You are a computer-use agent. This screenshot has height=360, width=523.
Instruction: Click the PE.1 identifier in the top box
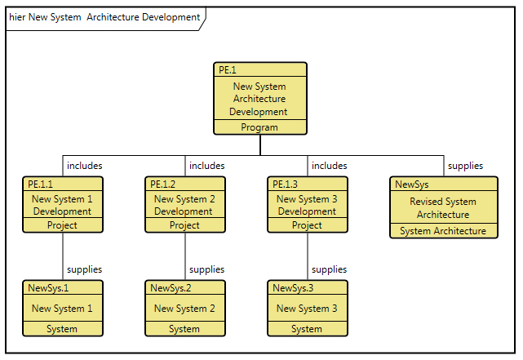point(228,70)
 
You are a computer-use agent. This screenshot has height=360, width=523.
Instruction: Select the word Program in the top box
point(259,127)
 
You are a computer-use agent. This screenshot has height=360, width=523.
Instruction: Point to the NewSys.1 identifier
point(48,287)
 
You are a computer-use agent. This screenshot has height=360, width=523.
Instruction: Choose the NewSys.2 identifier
point(171,287)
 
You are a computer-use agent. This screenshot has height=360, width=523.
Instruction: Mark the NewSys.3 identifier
point(293,287)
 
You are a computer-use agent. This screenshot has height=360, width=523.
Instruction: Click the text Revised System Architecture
point(443,208)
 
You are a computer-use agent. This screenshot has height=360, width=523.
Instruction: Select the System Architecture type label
point(443,231)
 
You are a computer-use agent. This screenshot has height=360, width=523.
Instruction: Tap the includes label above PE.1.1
point(84,166)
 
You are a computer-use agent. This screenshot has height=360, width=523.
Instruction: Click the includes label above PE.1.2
point(206,166)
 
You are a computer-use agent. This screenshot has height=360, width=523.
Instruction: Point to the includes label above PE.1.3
point(329,166)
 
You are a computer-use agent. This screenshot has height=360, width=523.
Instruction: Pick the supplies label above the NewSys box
point(465,166)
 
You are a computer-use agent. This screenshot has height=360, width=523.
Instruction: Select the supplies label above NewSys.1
point(84,269)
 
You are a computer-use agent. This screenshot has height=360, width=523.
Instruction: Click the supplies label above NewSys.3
point(329,269)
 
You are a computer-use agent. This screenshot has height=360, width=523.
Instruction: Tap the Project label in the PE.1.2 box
point(184,225)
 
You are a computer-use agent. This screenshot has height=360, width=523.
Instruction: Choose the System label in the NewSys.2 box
point(184,329)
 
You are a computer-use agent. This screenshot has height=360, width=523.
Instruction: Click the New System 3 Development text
point(307,205)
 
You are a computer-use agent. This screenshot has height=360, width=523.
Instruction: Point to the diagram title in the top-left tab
point(104,17)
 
